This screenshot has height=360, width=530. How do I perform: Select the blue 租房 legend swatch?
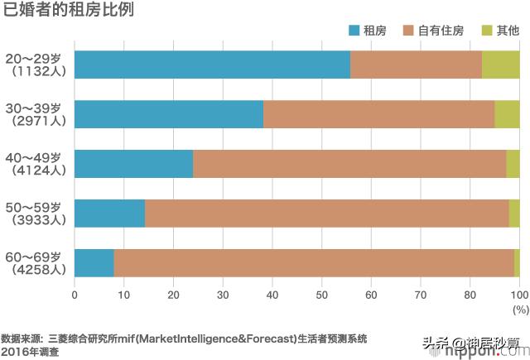[x=354, y=31]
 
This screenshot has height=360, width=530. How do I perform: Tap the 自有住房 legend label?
[x=441, y=31]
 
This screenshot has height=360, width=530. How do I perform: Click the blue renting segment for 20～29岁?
[x=212, y=65]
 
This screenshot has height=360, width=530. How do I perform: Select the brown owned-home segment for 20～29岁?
[x=416, y=65]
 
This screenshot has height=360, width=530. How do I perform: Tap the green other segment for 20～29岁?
[x=500, y=65]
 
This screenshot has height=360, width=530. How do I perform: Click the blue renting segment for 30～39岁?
[x=169, y=114]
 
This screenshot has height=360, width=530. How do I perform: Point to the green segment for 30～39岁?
[x=507, y=114]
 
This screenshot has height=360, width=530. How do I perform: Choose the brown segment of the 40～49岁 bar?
[x=349, y=164]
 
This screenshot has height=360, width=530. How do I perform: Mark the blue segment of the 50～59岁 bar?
[x=109, y=214]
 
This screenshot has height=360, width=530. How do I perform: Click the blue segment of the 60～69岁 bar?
[x=94, y=263]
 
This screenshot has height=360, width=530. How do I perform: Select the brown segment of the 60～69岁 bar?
[x=314, y=263]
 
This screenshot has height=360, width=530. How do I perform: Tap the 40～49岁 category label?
[x=33, y=157]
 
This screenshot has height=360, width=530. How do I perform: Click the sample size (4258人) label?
[x=36, y=270]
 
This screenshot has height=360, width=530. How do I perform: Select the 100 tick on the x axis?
[x=518, y=293]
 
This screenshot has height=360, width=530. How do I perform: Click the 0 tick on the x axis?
[x=75, y=293]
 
